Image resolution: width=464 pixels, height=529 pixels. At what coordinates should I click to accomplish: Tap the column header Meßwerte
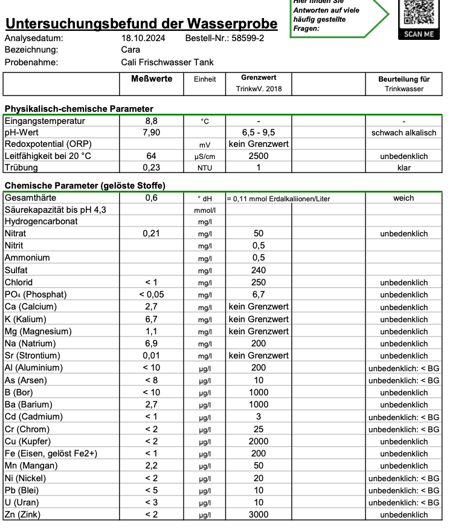coord(152,79)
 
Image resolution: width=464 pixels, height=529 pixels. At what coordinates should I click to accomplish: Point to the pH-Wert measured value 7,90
coord(151,132)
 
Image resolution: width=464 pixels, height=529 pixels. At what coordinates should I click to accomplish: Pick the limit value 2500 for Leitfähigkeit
coord(259,156)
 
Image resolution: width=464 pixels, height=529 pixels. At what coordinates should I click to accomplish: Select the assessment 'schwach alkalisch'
coord(404,132)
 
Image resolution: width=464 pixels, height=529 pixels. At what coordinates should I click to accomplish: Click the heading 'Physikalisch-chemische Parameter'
coord(79,109)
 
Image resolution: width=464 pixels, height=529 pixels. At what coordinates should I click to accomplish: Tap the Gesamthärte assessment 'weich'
coord(404,198)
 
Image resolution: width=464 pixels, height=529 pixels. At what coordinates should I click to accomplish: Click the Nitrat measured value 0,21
coord(151,233)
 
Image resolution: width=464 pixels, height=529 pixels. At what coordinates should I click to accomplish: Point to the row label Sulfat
coord(16,270)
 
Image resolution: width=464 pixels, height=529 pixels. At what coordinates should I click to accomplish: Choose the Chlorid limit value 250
coord(259,282)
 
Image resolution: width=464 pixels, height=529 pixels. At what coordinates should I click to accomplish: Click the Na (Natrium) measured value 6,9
coord(151,343)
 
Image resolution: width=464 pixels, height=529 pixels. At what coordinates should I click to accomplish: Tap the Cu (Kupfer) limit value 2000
coord(259,441)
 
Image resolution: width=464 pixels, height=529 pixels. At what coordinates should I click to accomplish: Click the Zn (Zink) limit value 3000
coord(259,514)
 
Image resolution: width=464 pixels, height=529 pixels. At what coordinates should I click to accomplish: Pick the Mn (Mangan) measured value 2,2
coord(151,466)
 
